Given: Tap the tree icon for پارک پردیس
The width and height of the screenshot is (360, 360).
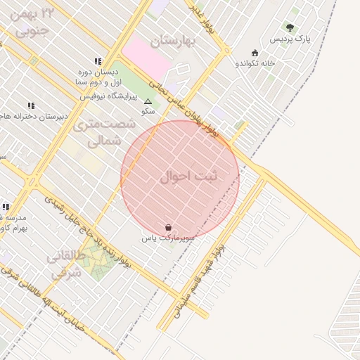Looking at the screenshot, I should point(290,27).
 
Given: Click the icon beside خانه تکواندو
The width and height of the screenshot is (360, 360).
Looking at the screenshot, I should point(255,53).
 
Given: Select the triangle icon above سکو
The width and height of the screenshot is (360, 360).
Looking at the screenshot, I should point(148,102).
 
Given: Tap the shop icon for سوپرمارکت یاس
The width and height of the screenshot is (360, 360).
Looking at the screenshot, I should point(168,227).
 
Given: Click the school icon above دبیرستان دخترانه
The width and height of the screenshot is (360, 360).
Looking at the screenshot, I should point(30,105).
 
